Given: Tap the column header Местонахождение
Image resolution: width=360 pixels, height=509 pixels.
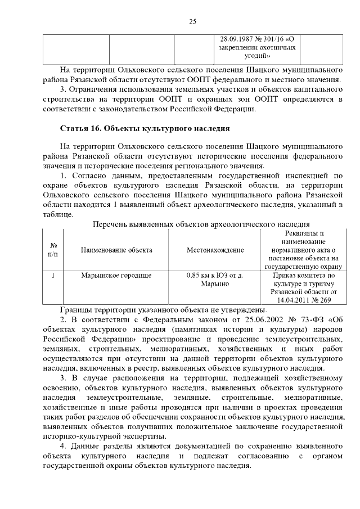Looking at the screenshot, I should click(x=215, y=250).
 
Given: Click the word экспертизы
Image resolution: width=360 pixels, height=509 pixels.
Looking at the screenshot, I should click(x=142, y=436).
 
